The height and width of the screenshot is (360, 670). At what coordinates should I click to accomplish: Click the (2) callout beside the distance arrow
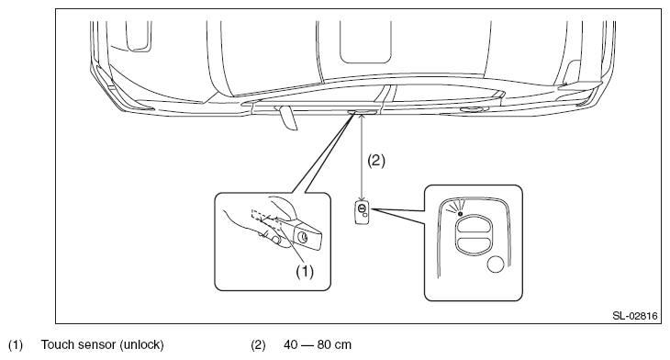[376, 161]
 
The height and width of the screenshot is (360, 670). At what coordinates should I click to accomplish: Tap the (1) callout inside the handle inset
[305, 272]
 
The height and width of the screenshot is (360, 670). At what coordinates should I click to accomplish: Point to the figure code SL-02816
[634, 316]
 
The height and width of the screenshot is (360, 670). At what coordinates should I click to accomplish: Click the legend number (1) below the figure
[16, 344]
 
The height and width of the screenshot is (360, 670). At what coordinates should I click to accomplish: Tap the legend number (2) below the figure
[258, 344]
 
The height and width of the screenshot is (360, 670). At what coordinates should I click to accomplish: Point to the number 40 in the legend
[291, 344]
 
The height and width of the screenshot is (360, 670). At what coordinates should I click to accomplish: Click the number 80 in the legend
[324, 344]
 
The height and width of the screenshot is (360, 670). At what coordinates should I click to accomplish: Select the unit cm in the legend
[343, 345]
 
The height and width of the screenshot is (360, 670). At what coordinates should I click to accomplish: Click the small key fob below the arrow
[363, 212]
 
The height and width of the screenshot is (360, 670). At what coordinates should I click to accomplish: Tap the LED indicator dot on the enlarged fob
[460, 213]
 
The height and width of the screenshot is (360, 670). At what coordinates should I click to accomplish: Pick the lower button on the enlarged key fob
[472, 245]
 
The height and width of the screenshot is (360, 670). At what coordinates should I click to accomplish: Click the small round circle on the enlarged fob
[496, 264]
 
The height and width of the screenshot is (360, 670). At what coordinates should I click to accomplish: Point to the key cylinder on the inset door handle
[303, 237]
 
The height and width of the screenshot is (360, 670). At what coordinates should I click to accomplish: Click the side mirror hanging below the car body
[286, 118]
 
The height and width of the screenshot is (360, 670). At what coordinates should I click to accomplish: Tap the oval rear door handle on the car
[472, 110]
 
